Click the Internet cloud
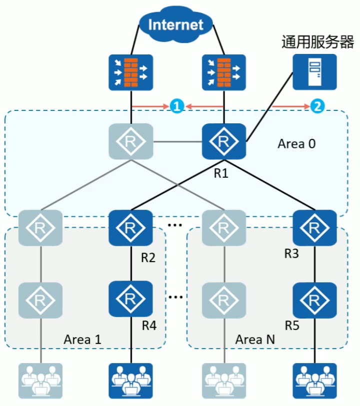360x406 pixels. pyautogui.click(x=176, y=24)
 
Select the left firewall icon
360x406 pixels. pyautogui.click(x=130, y=71)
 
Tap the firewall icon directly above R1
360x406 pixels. pyautogui.click(x=223, y=71)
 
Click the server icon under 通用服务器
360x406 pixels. pyautogui.click(x=314, y=71)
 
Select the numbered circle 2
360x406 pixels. pyautogui.click(x=317, y=106)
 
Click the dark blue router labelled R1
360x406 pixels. pyautogui.click(x=223, y=142)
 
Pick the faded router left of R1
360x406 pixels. pyautogui.click(x=130, y=142)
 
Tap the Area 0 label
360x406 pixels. pyautogui.click(x=297, y=144)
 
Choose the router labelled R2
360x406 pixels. pyautogui.click(x=130, y=228)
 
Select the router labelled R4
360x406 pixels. pyautogui.click(x=130, y=299)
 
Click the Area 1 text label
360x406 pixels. pyautogui.click(x=82, y=340)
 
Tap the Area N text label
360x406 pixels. pyautogui.click(x=255, y=340)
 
